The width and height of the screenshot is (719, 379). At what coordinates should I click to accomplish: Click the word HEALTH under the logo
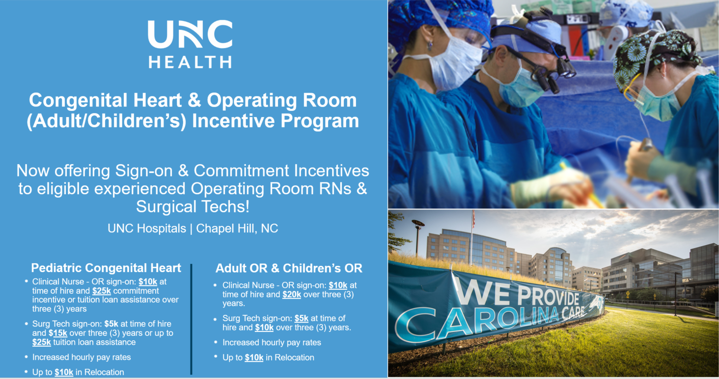[x=190, y=62]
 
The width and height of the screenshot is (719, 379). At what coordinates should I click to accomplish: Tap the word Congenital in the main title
[x=82, y=101]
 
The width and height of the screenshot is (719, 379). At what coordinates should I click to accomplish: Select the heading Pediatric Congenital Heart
[x=106, y=268]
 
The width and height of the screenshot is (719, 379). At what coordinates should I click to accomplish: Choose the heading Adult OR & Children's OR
[x=289, y=268]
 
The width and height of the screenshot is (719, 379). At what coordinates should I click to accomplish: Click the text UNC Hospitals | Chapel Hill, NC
[x=193, y=228]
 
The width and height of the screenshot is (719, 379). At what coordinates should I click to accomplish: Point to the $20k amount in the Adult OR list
[x=292, y=295]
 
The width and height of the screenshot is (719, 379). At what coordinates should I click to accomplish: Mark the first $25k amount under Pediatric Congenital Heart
[x=102, y=291]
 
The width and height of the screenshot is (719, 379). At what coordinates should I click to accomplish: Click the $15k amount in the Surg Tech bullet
[x=42, y=333]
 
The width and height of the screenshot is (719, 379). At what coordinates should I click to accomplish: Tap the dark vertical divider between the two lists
[x=191, y=319]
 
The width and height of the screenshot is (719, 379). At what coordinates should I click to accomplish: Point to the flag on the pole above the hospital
[x=473, y=219]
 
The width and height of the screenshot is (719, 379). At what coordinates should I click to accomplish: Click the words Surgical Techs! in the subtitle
[x=193, y=206]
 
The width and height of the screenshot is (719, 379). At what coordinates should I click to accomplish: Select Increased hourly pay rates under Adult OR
[x=272, y=342]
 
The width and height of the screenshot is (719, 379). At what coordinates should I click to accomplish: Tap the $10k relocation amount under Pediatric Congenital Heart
[x=64, y=372]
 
